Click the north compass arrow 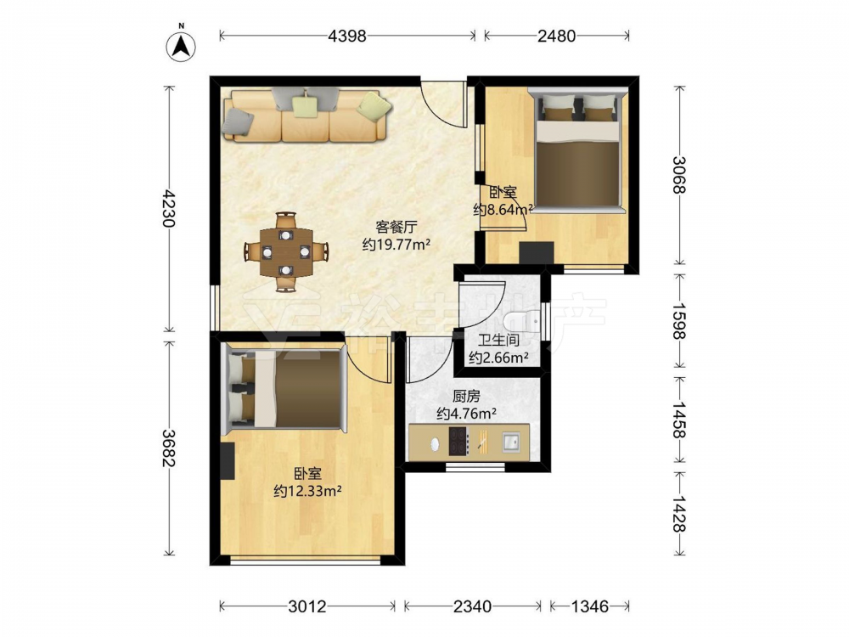point(181,45)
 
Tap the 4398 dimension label point(347,36)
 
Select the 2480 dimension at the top point(557,36)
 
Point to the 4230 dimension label point(169,209)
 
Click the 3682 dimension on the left point(169,448)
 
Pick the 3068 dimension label point(679,174)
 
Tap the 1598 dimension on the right point(679,320)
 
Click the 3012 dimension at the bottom point(307,606)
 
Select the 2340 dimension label point(472,606)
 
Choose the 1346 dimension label point(590,606)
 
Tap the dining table point(286,251)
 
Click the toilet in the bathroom point(522,321)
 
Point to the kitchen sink point(510,442)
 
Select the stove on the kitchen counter point(458,442)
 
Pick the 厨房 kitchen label point(466,397)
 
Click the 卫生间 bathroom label point(498,341)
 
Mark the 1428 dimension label point(679,512)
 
